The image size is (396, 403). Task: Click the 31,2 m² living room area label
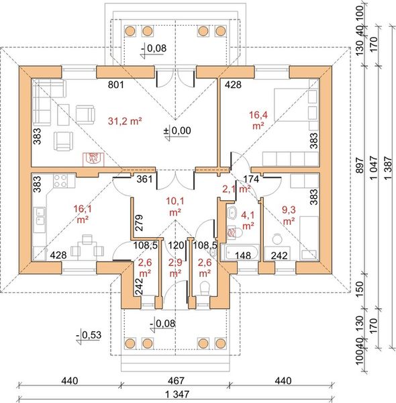125,121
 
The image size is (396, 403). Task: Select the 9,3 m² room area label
289,216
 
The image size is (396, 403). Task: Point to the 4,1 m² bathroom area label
248,220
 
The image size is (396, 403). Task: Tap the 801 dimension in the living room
116,85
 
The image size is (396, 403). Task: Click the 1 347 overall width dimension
177,394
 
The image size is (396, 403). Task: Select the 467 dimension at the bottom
177,381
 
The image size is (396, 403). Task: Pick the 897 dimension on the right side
360,165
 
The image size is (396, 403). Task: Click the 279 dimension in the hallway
140,222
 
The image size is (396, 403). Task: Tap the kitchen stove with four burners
60,181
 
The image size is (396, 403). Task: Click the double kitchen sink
40,216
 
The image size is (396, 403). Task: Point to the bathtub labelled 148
240,253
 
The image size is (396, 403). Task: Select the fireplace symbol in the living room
93,159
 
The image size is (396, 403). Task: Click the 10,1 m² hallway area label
175,206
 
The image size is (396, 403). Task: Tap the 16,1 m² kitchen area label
83,214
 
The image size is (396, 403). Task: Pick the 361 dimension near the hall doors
144,179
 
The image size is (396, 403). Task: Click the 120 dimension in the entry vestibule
176,245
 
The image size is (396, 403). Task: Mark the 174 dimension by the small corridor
251,179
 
